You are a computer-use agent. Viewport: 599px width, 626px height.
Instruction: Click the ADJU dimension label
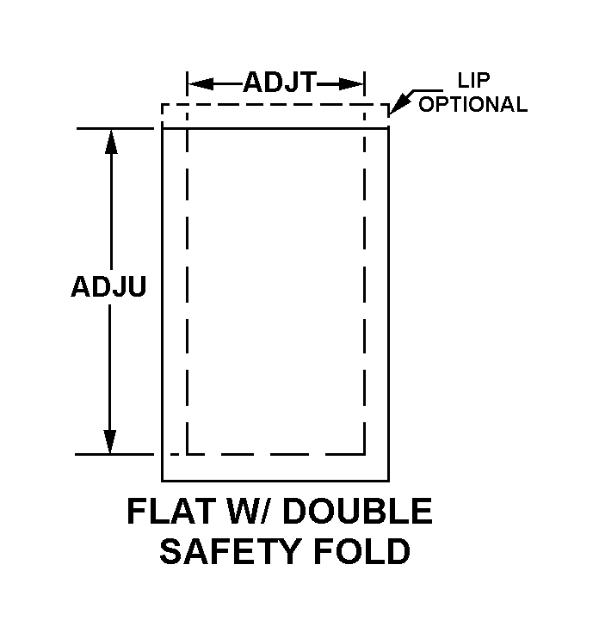[108, 285]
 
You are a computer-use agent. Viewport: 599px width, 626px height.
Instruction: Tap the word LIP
[472, 83]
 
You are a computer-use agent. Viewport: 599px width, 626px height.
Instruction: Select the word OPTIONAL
[472, 105]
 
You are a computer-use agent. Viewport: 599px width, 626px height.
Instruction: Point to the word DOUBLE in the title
[358, 512]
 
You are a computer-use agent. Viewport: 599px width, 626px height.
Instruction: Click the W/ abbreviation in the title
[257, 512]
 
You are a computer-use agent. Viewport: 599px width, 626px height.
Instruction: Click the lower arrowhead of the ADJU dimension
[110, 442]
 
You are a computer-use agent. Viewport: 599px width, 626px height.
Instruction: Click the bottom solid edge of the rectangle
[275, 480]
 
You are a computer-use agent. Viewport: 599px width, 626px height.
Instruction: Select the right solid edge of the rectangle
[389, 301]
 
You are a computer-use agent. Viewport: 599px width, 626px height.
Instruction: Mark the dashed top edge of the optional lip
[275, 105]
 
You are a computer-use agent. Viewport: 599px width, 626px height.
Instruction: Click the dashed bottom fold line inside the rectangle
[275, 453]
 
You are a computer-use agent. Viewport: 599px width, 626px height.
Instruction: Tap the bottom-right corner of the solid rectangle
[389, 480]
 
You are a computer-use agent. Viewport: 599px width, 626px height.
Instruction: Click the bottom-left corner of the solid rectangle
[163, 480]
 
